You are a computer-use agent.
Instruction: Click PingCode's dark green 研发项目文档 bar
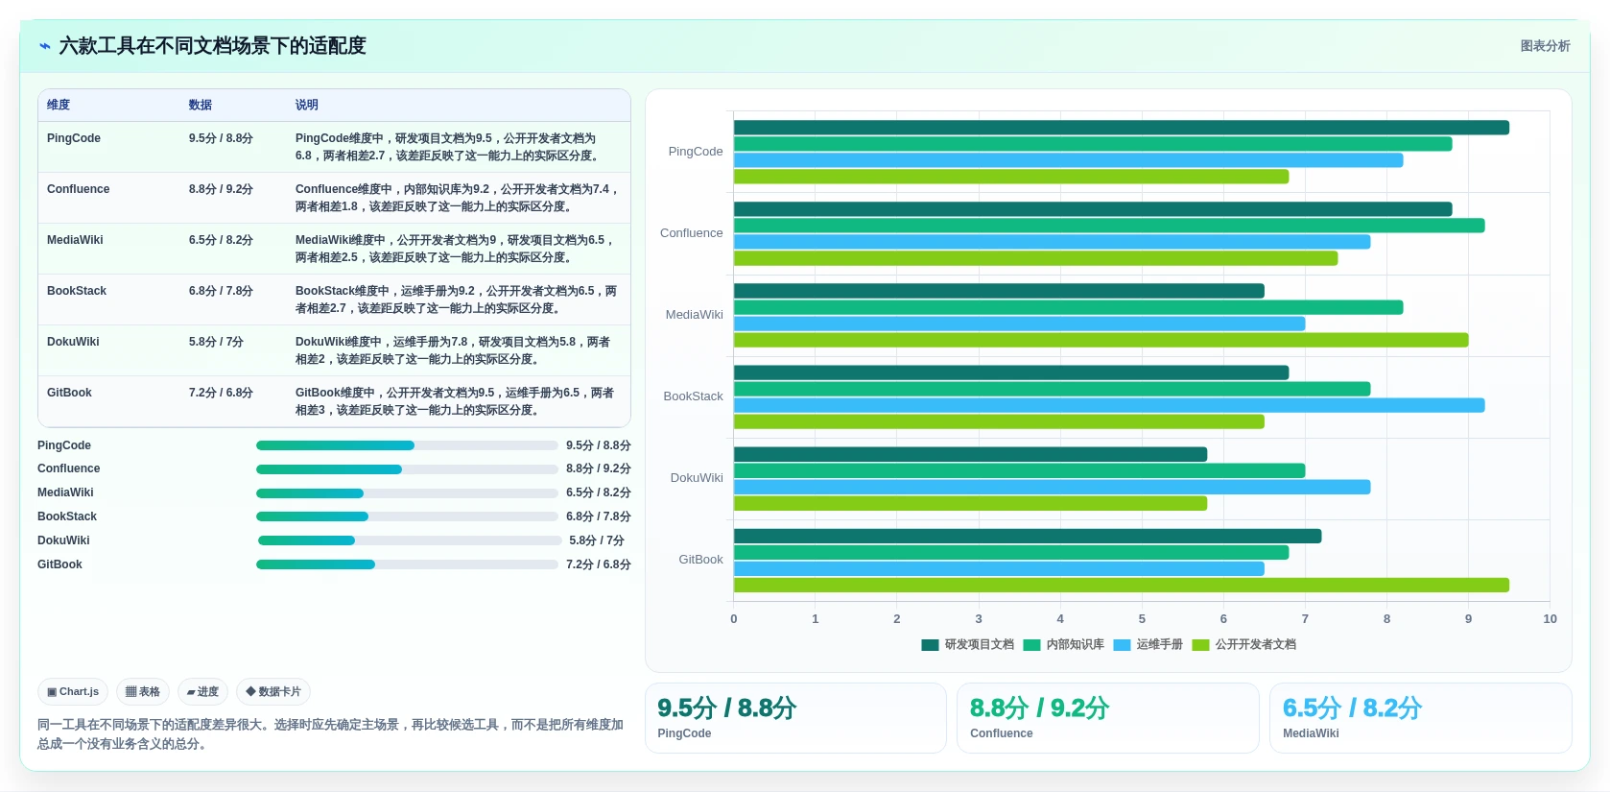tap(1122, 128)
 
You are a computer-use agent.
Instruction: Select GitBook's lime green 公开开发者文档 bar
tap(1122, 585)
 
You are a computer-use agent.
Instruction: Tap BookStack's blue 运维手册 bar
tap(1109, 405)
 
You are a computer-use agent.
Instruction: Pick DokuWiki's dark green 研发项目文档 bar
tap(970, 454)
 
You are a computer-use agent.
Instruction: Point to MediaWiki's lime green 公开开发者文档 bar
tap(1101, 340)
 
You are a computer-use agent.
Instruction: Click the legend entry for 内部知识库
tap(1064, 644)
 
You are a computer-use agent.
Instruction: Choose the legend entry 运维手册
tap(1148, 644)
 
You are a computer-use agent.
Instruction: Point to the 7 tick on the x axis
tap(1305, 618)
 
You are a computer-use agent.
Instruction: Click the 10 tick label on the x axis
tap(1550, 618)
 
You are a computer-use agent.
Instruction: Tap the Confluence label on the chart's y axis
tap(692, 233)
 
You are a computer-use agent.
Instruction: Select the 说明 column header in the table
tap(306, 105)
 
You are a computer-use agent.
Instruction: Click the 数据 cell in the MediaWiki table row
tap(221, 240)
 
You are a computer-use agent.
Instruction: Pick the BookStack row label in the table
tap(76, 291)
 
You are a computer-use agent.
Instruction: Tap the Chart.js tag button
tap(73, 691)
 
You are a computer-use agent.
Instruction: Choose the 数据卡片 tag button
tap(273, 691)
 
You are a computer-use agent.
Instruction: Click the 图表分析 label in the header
tap(1546, 46)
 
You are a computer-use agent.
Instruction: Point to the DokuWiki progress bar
tap(410, 540)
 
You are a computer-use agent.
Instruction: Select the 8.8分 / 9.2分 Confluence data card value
tap(1039, 708)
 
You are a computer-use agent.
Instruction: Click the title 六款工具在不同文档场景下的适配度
tap(212, 46)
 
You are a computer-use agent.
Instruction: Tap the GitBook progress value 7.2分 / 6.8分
tap(598, 564)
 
